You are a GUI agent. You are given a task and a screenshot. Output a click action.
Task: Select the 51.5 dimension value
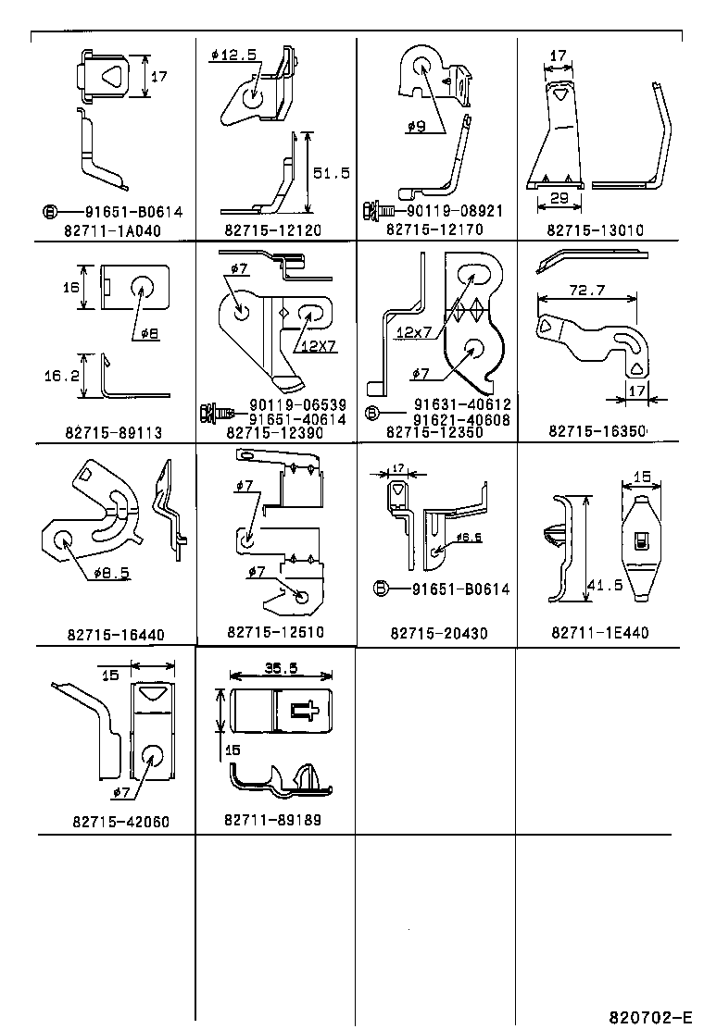331,172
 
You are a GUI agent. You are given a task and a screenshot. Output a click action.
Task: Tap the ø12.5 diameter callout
233,55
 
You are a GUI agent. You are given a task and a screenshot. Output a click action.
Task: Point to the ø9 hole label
417,127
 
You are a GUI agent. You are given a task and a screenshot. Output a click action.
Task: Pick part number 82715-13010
594,229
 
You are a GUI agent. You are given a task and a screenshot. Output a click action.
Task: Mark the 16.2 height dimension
60,377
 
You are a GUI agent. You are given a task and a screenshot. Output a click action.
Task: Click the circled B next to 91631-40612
371,412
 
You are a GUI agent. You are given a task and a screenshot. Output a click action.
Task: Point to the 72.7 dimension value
587,291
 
